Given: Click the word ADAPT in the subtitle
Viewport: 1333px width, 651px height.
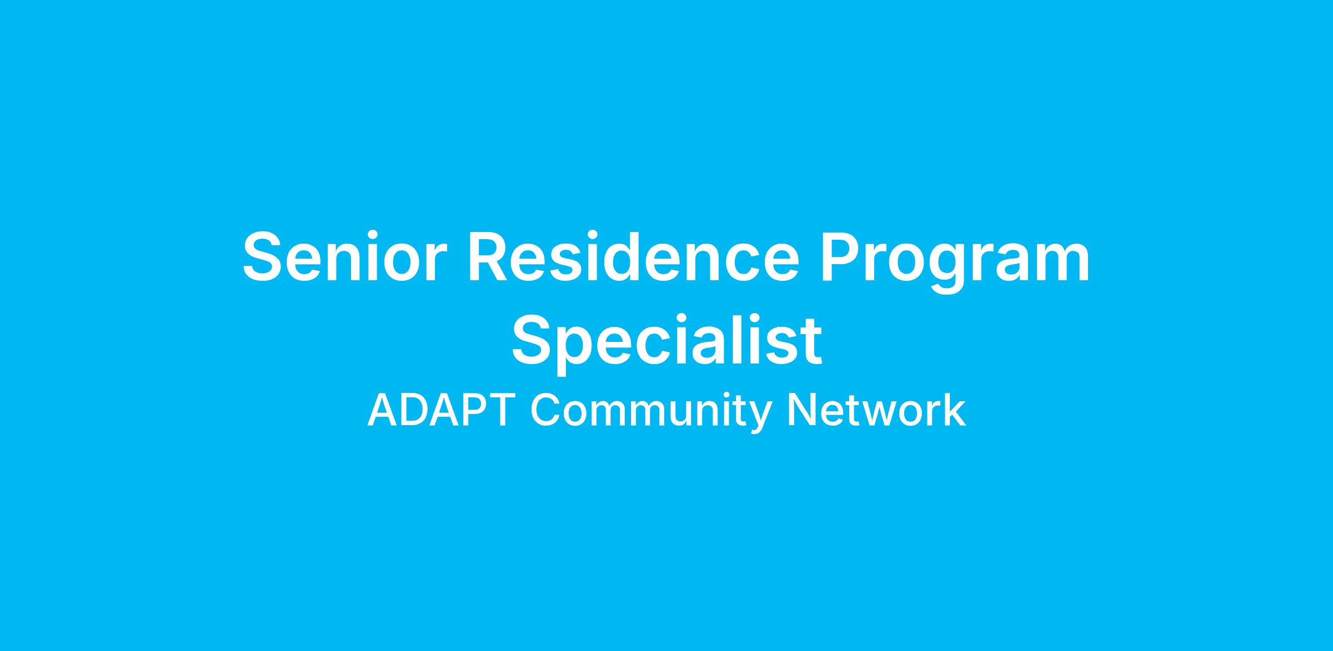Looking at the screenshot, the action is click(438, 411).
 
